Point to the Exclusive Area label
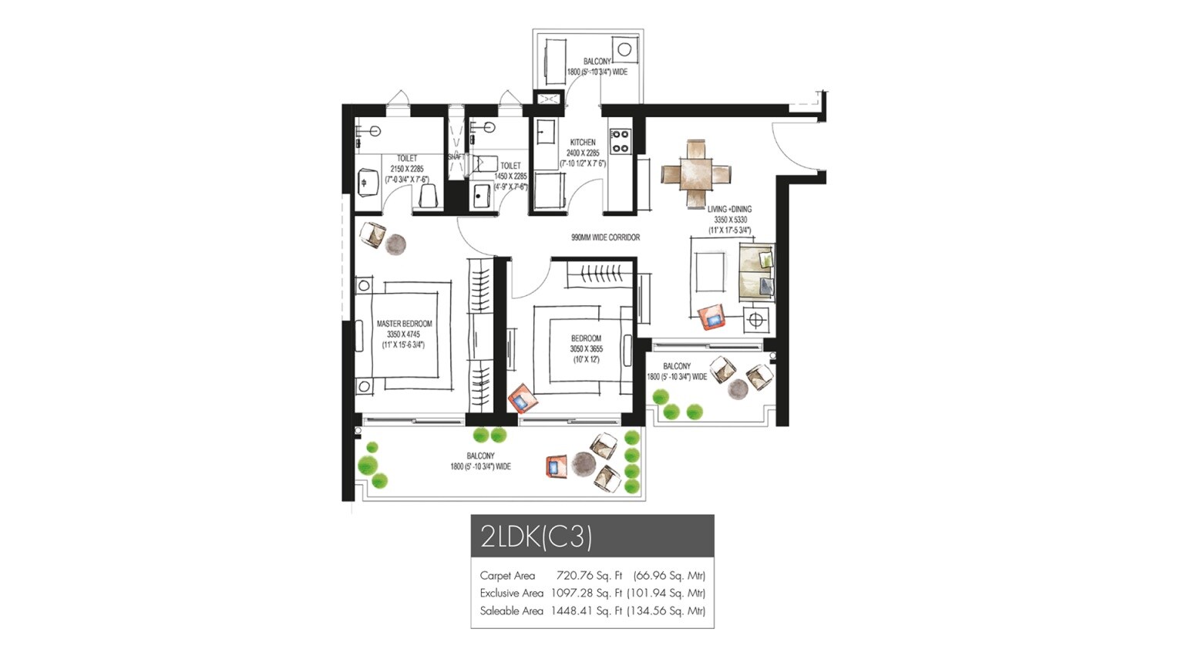point(511,594)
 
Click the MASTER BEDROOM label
point(404,324)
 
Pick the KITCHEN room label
point(583,143)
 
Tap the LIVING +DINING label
point(729,209)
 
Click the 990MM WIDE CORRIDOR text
point(605,237)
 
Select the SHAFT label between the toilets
point(456,157)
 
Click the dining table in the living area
point(697,173)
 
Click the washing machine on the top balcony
point(624,51)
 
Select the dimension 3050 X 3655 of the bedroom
point(586,349)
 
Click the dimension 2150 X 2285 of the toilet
point(406,169)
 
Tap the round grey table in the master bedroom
point(395,244)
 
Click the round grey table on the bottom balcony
point(584,465)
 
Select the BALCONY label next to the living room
point(677,366)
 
